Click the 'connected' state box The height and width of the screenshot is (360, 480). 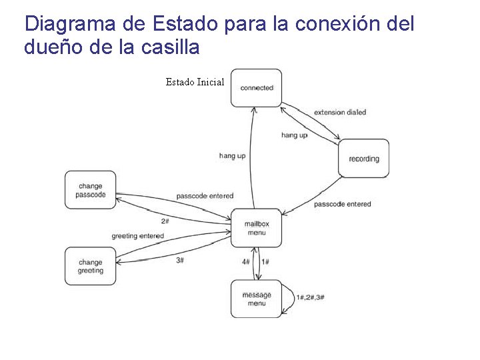point(257,87)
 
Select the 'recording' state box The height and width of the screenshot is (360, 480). point(363,159)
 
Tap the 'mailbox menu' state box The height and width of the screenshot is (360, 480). point(255,228)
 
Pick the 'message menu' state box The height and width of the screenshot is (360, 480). point(257,299)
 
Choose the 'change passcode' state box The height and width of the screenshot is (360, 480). point(90,190)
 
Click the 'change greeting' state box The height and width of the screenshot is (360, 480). point(90,266)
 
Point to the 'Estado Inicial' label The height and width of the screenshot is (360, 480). point(195,82)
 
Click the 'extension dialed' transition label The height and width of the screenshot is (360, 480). point(340,112)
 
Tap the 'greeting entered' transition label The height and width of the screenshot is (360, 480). point(137,236)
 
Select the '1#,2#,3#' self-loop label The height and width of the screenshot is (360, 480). point(311,297)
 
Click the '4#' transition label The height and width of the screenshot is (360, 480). point(246,262)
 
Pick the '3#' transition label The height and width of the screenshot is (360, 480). point(180,260)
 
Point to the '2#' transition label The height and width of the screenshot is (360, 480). point(165,221)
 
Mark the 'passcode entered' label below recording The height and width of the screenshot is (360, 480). point(342,203)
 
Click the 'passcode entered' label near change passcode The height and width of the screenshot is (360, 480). point(205,196)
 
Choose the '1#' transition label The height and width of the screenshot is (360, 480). point(265,262)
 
